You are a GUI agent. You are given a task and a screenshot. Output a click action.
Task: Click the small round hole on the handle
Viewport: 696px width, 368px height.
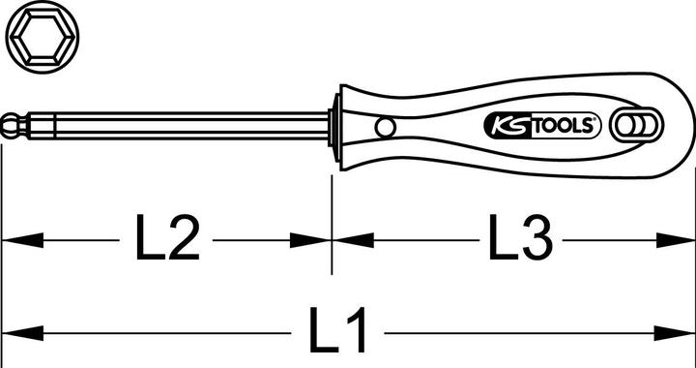[x=385, y=126]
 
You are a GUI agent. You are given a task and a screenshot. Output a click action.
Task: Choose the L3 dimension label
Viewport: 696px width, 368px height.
[x=518, y=238]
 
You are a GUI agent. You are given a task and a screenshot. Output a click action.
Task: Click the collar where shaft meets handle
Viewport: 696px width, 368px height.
[x=334, y=126]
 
